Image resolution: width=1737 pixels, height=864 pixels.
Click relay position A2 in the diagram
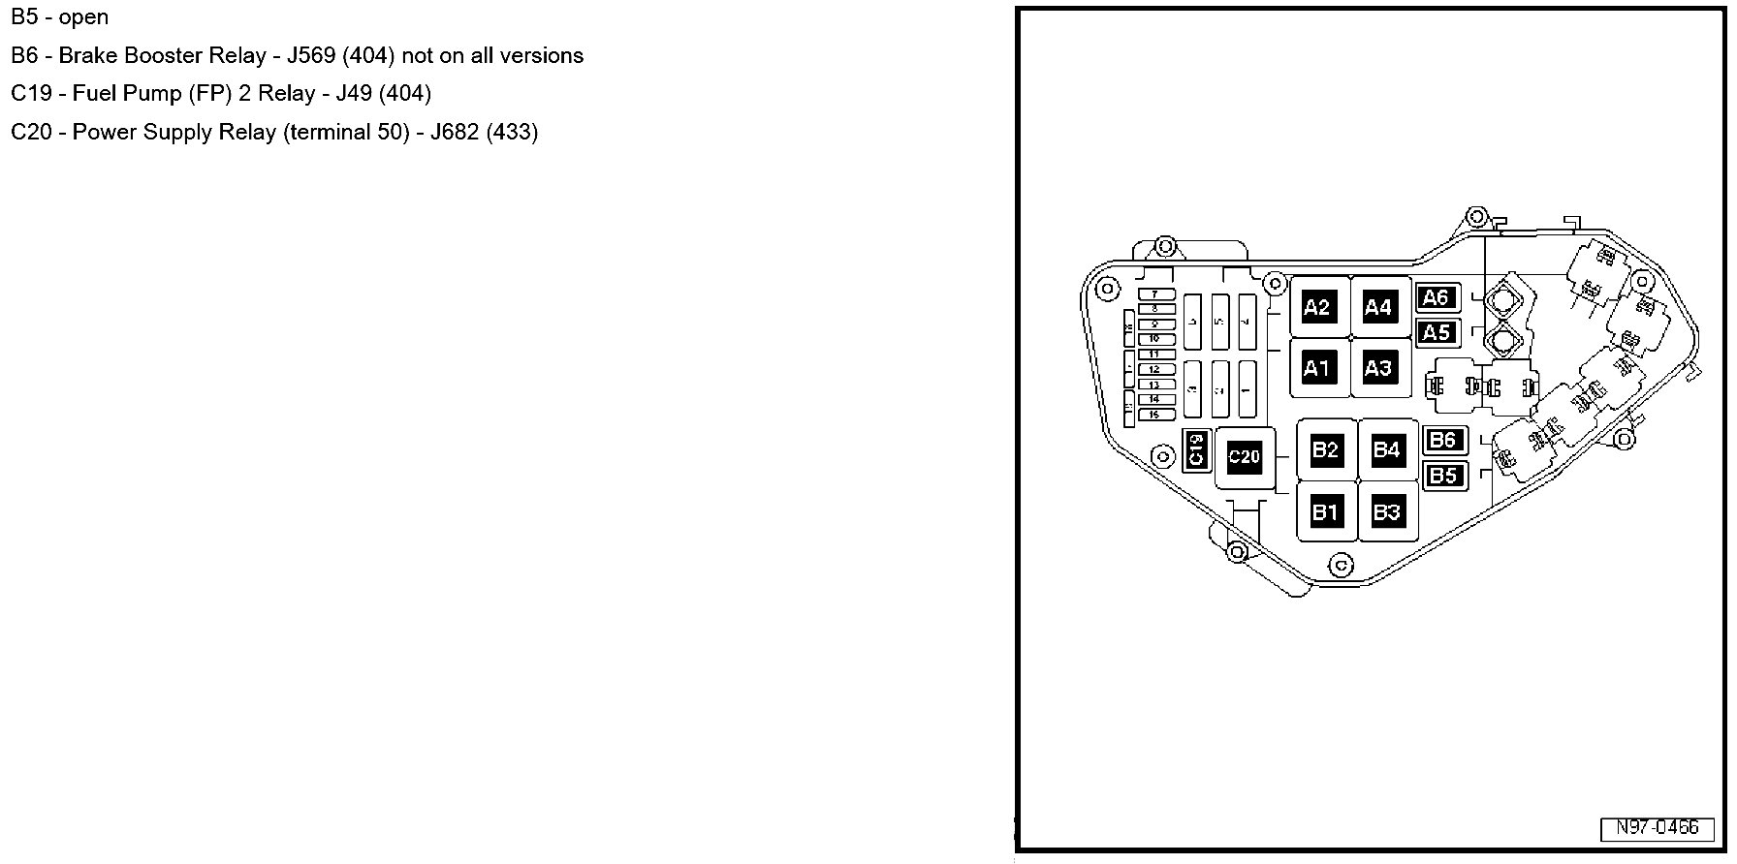(1316, 308)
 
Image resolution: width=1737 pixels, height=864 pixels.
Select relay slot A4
(1377, 308)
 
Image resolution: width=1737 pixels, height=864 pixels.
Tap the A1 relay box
(1316, 368)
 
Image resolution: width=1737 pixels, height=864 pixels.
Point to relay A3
(1377, 368)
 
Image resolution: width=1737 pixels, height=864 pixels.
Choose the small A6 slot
(1437, 298)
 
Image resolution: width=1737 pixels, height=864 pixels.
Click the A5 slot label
(1437, 333)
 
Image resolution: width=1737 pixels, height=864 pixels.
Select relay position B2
(1325, 449)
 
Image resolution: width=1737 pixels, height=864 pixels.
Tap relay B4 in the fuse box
(1386, 449)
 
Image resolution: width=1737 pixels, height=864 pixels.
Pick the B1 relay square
(1325, 511)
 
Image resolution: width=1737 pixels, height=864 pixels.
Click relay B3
(1386, 511)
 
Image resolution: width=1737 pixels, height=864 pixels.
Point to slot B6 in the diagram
(1443, 440)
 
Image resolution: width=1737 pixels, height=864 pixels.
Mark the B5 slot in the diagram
(1443, 475)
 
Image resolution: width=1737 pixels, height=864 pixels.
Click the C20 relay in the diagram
(1244, 456)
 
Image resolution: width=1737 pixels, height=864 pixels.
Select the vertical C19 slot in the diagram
(1196, 449)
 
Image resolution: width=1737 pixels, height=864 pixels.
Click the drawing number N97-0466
(1657, 828)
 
